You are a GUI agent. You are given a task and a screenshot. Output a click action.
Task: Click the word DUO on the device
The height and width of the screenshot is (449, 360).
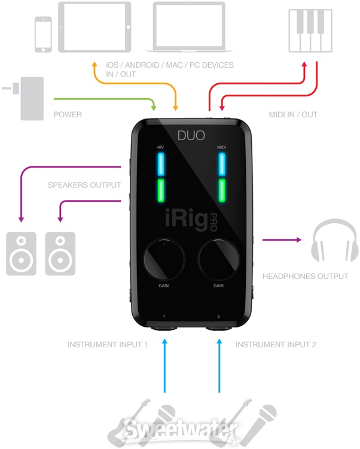coord(190,136)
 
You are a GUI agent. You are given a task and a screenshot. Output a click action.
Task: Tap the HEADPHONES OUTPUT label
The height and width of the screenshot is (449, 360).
coord(305,277)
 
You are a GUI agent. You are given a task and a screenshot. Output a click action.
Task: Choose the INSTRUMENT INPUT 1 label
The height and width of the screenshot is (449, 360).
coord(107,345)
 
